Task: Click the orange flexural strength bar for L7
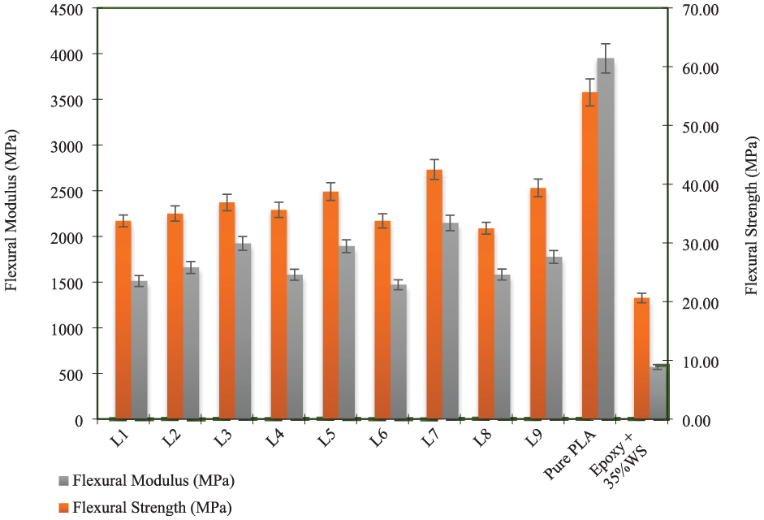tap(434, 297)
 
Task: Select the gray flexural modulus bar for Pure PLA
tap(606, 240)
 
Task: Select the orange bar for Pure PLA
tap(589, 256)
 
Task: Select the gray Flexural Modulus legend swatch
tap(65, 481)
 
